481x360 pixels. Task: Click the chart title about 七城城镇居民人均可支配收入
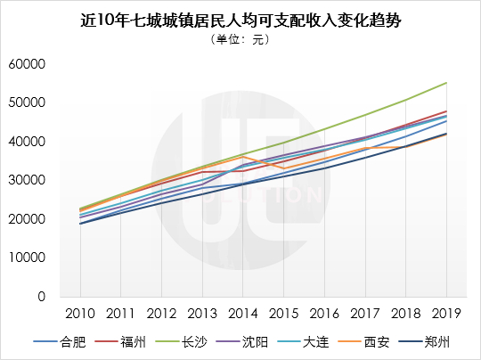coord(240,20)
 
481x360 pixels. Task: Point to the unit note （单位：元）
coord(240,41)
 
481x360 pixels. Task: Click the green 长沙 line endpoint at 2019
coord(446,83)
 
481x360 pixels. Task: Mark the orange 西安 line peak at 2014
coord(243,157)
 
